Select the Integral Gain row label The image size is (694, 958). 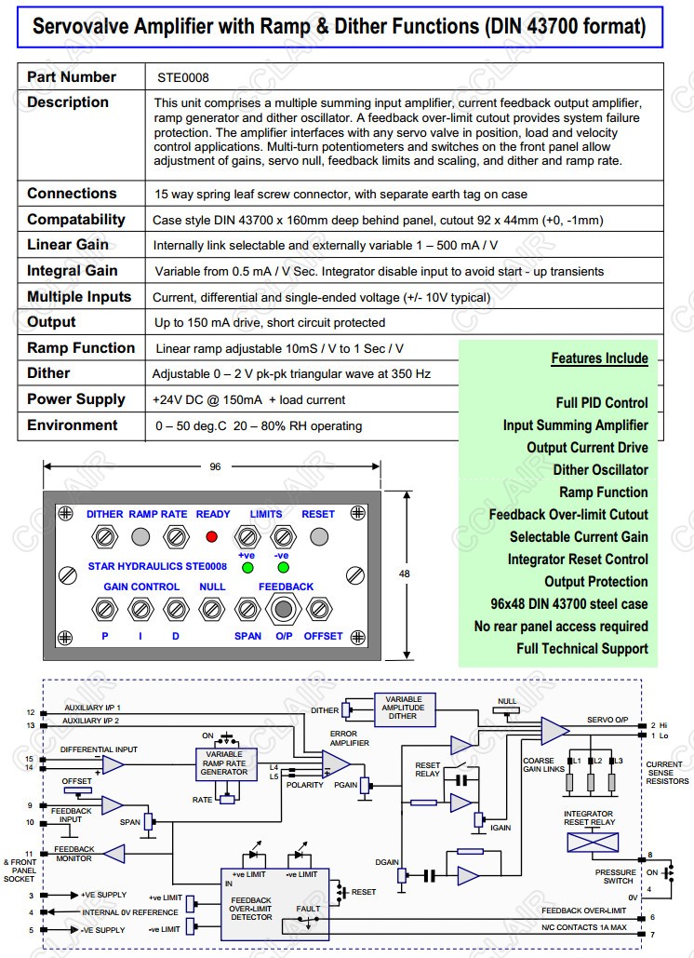(x=73, y=270)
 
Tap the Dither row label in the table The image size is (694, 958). (x=48, y=372)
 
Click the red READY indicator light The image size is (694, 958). (x=211, y=537)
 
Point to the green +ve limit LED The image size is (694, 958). (x=247, y=566)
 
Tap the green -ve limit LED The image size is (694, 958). (x=282, y=566)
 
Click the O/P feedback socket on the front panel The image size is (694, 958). (x=283, y=609)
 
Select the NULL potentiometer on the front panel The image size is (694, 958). (x=212, y=609)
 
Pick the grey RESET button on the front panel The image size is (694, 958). (x=318, y=537)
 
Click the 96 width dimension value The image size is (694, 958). (x=216, y=467)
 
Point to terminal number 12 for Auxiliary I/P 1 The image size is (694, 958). (x=31, y=713)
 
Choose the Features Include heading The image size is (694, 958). (x=599, y=358)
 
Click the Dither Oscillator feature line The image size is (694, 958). (x=600, y=470)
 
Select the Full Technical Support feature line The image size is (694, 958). (x=582, y=649)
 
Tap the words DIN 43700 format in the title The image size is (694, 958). (x=564, y=27)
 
